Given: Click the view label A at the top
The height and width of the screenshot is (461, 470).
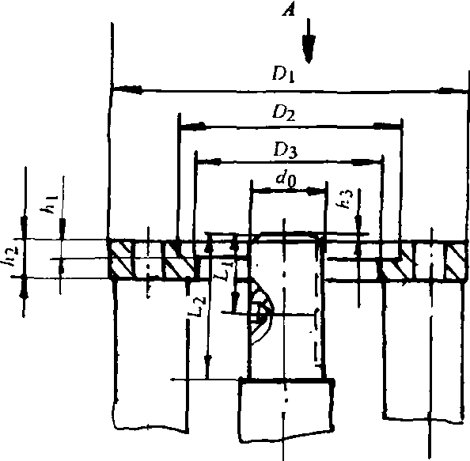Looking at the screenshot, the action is pos(289,10).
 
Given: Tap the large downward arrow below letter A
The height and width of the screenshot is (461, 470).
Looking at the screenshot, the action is pos(309,41).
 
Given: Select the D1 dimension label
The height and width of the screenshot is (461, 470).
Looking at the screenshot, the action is pos(283,74).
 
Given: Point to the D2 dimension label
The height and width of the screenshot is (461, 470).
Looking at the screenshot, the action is pos(283,113).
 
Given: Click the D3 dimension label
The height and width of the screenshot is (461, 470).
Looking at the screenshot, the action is pos(286,150).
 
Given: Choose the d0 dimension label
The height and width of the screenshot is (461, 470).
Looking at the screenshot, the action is pos(286,179).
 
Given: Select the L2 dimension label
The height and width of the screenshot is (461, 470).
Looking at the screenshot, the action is pos(198,306).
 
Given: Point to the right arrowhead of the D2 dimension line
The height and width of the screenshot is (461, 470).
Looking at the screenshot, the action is pos(387,126).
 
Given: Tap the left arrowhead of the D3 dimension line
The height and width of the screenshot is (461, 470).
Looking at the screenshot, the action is pos(209,162).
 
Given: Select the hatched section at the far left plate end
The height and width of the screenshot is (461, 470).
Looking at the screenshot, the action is pos(120,259).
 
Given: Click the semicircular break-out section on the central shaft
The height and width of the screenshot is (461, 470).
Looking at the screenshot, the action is pos(261,311).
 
